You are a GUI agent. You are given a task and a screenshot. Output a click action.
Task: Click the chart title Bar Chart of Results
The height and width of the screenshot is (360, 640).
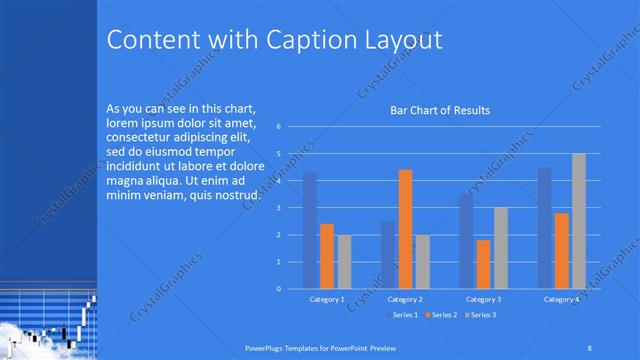click(x=440, y=110)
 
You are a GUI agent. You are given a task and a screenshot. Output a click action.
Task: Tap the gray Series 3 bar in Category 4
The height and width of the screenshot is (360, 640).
click(x=578, y=221)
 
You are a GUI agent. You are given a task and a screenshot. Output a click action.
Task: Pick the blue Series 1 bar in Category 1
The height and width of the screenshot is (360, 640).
click(x=310, y=230)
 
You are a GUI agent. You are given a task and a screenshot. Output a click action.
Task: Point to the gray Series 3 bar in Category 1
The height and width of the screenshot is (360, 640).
click(x=344, y=262)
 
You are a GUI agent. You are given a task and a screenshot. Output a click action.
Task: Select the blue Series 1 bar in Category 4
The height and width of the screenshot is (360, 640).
click(x=544, y=228)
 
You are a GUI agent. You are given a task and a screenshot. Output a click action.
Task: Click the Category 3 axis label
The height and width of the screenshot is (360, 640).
click(x=483, y=299)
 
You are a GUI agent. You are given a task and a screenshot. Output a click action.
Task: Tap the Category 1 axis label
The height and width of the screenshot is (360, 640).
click(x=327, y=299)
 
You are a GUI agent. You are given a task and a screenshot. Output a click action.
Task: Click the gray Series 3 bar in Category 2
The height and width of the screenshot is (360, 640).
click(x=422, y=262)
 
